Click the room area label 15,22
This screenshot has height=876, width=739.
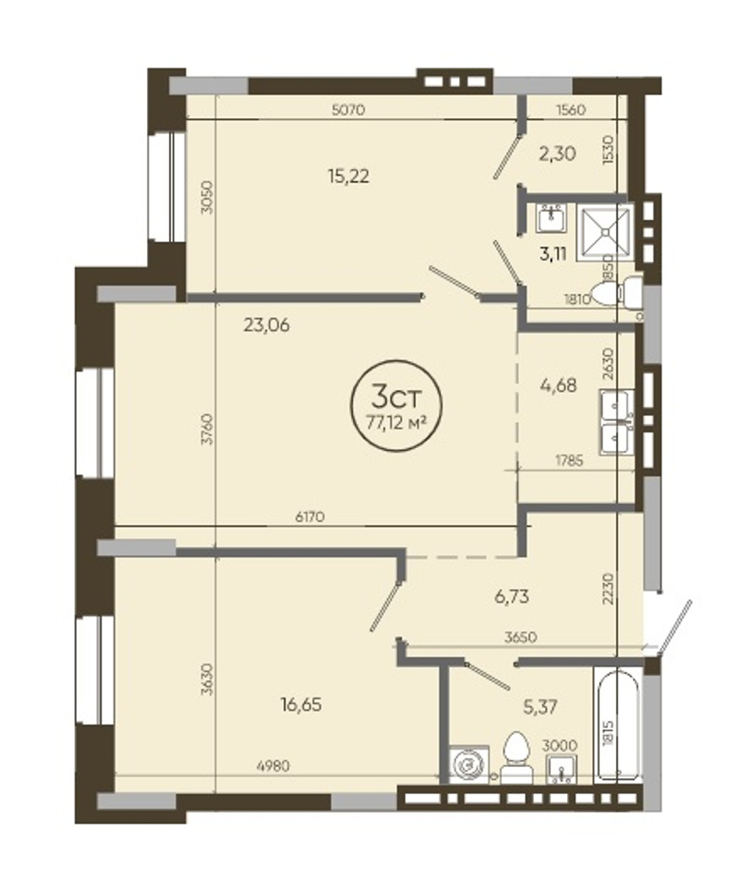point(348,176)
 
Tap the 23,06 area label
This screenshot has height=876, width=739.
point(266,324)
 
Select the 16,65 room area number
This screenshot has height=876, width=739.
point(301,704)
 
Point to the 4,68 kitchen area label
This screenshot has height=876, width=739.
point(558,385)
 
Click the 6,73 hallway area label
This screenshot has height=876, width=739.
point(512,597)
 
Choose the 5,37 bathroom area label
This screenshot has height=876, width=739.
point(539,707)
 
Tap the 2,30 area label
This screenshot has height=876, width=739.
point(557,153)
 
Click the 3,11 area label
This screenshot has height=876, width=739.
point(553,254)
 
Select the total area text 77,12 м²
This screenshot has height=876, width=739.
point(395,422)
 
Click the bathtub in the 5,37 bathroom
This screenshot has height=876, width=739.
point(618,724)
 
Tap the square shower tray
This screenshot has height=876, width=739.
point(605,235)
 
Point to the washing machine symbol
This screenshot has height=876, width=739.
point(469,764)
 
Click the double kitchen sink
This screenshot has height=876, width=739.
point(617,422)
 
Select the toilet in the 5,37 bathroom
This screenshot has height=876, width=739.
point(516,758)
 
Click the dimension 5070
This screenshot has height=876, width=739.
point(348,109)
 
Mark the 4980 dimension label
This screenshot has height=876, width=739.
point(273,765)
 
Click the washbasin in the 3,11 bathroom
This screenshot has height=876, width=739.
point(551,218)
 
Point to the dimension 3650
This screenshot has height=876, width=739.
point(520,637)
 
